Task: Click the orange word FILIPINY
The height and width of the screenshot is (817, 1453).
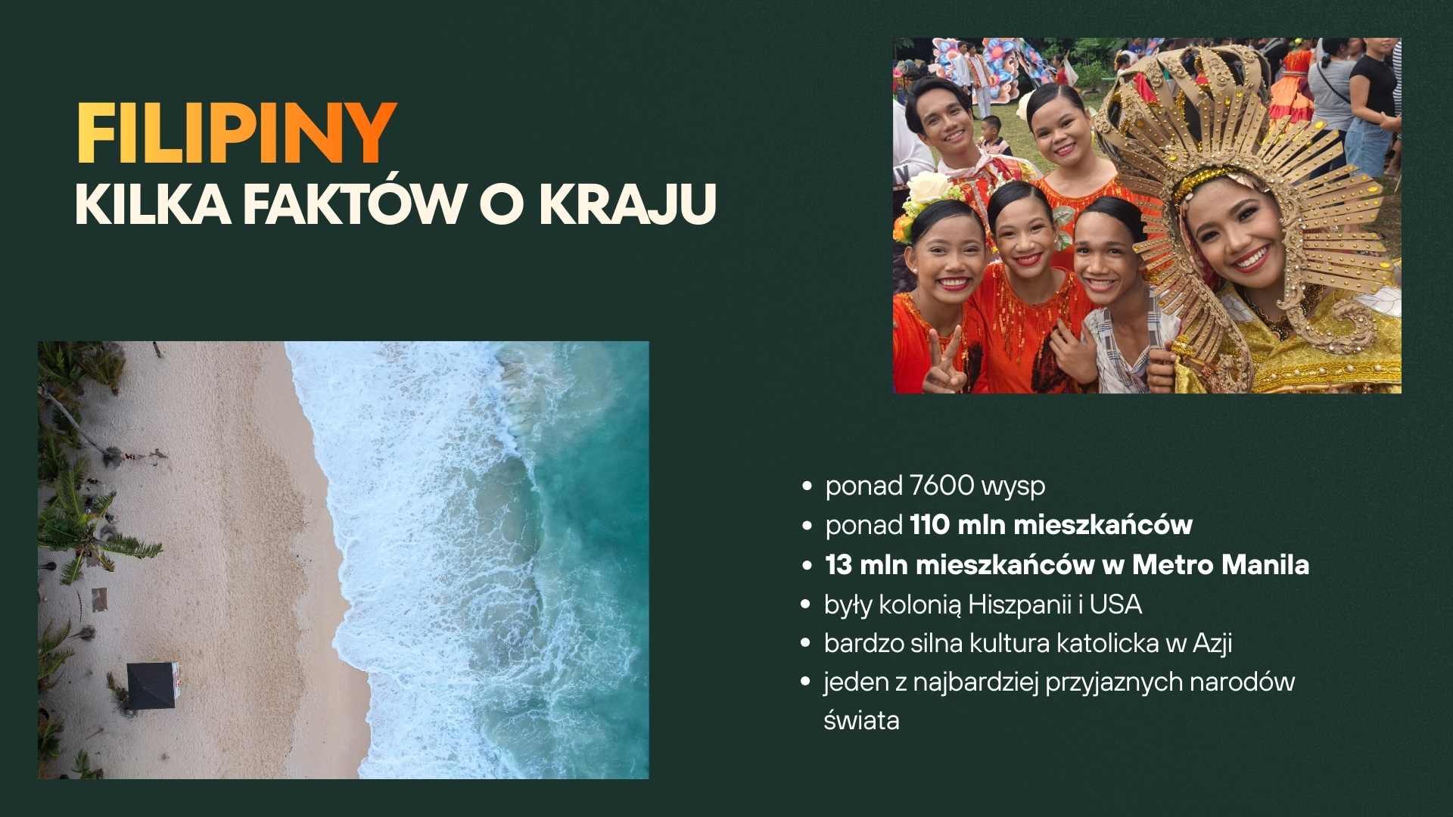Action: pos(236,134)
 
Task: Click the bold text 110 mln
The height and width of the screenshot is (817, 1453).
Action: pos(958,525)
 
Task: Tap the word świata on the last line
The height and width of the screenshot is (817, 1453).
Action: pos(861,720)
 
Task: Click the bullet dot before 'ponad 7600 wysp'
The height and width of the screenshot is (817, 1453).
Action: pos(807,486)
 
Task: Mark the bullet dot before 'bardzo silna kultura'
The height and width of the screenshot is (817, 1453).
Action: pos(807,644)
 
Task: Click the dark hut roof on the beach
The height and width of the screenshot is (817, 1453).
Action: pos(151,685)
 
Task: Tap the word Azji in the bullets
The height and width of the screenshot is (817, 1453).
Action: pos(1212,644)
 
